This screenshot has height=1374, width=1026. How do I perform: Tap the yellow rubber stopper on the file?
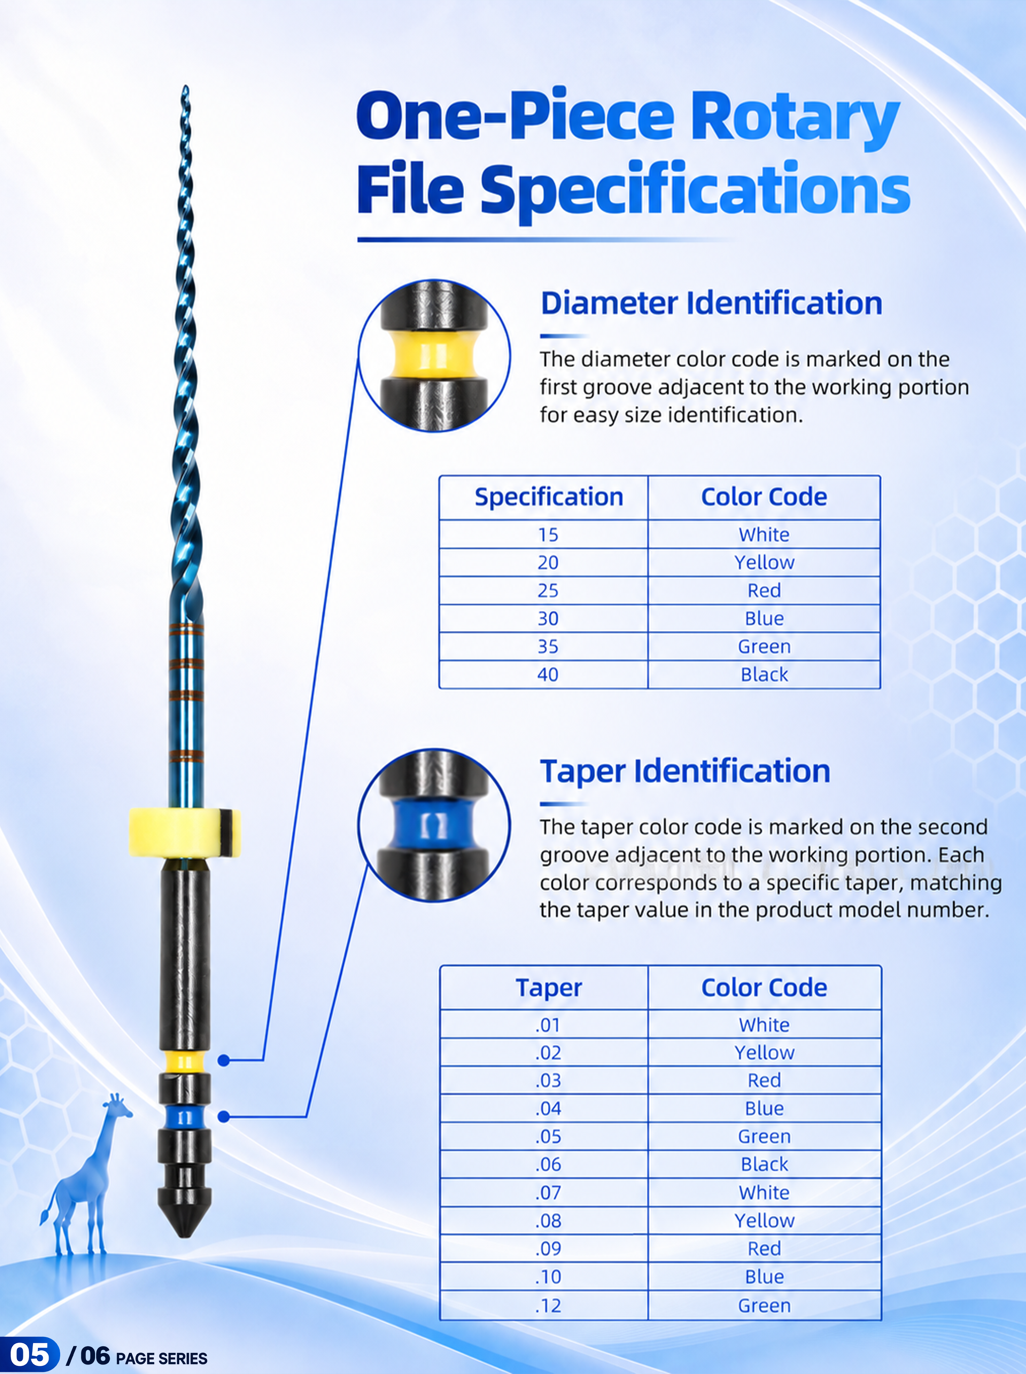click(184, 833)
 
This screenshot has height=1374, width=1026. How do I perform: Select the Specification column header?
click(549, 497)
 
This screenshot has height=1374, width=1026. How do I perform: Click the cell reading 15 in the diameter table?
click(548, 534)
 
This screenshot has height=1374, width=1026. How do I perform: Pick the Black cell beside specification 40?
click(764, 674)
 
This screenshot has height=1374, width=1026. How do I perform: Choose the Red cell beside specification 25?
click(764, 591)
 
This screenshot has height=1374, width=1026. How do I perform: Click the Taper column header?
click(549, 987)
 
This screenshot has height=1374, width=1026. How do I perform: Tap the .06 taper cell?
click(548, 1164)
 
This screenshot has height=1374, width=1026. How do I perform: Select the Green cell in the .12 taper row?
click(764, 1306)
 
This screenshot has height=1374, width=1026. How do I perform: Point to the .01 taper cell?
click(548, 1025)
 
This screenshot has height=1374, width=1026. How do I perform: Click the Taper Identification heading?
click(685, 771)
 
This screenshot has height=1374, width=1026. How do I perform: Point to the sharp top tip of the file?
click(185, 87)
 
